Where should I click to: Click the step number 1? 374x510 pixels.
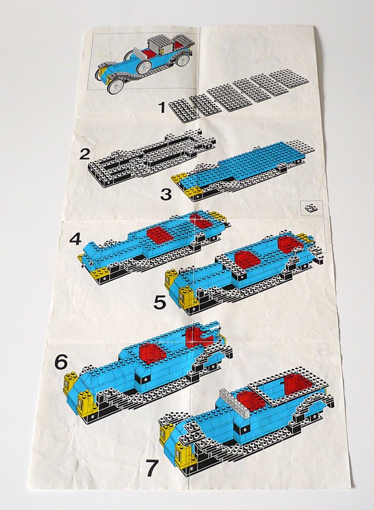tap(163, 108)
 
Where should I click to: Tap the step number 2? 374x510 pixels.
tap(85, 153)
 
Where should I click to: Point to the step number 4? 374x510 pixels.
tap(75, 240)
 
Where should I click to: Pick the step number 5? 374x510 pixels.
tap(160, 303)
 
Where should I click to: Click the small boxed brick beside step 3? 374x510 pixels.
tap(312, 208)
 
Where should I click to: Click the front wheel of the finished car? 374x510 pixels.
tap(115, 87)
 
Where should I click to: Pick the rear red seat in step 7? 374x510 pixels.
tap(298, 385)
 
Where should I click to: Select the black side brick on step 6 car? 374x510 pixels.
tap(144, 379)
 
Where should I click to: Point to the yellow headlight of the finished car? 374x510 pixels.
tap(103, 70)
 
